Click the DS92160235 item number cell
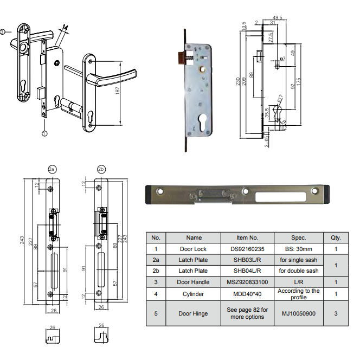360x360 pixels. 247,250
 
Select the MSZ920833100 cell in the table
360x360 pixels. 247,282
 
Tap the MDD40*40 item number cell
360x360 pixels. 247,294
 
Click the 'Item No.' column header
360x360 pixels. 247,237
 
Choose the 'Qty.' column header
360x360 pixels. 336,237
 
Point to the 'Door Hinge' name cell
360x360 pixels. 194,313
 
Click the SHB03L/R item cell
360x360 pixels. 247,260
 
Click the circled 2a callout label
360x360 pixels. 52,169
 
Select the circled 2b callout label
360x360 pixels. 101,169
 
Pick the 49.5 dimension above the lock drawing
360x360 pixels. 278,18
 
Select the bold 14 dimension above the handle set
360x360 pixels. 65,28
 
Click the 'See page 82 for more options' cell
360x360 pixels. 247,313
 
